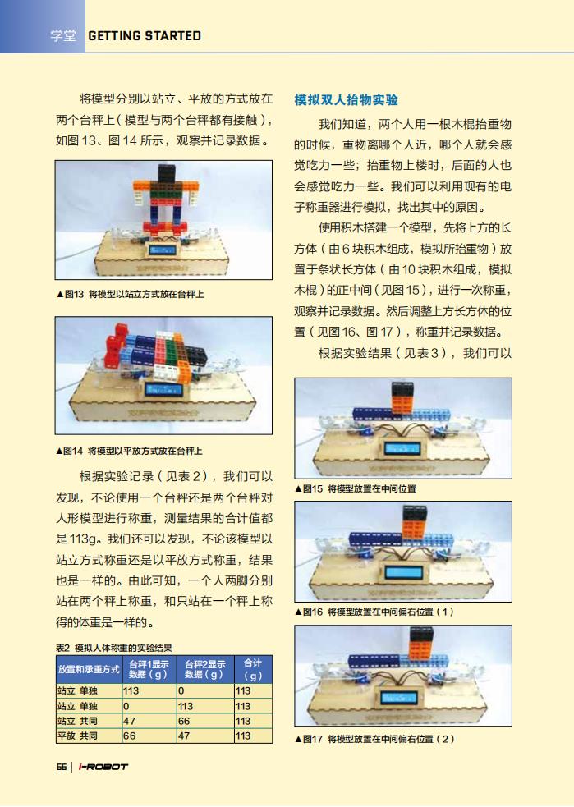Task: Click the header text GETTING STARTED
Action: pyautogui.click(x=145, y=35)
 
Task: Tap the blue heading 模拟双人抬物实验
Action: pyautogui.click(x=346, y=99)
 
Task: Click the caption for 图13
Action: pyautogui.click(x=130, y=295)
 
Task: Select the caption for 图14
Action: pyautogui.click(x=129, y=451)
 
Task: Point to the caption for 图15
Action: pyautogui.click(x=356, y=488)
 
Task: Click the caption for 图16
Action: pyautogui.click(x=374, y=612)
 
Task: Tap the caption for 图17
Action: pyautogui.click(x=374, y=739)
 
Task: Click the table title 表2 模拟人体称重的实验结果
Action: pyautogui.click(x=114, y=648)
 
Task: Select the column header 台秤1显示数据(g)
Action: pyautogui.click(x=149, y=669)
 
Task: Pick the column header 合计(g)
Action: pyautogui.click(x=253, y=669)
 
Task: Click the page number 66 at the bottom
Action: pyautogui.click(x=62, y=766)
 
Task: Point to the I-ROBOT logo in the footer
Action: pyautogui.click(x=103, y=766)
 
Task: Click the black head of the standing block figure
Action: pyautogui.click(x=166, y=173)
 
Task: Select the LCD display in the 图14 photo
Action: pyautogui.click(x=163, y=389)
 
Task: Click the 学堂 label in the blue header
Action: pyautogui.click(x=62, y=35)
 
